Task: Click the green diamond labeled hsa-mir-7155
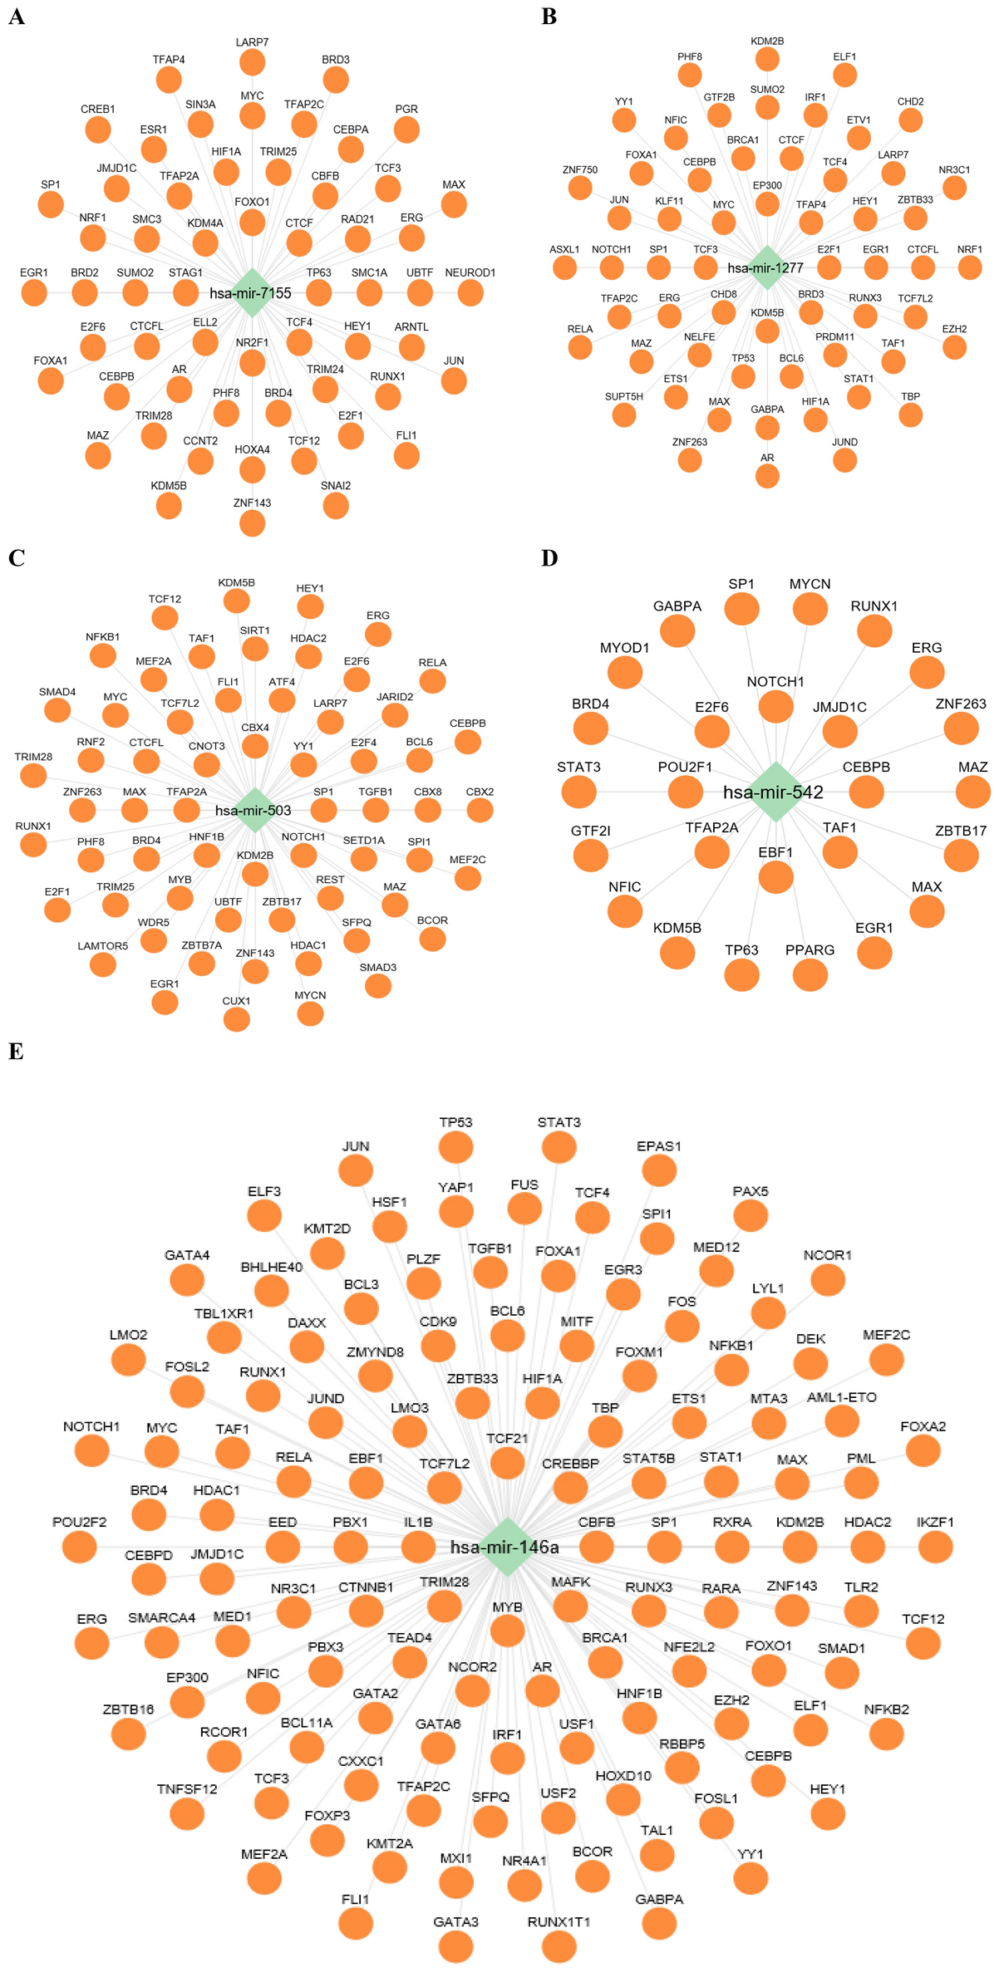click(x=252, y=292)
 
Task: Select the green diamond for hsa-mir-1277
click(x=767, y=267)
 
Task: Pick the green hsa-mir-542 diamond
click(x=775, y=792)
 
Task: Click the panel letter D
click(x=549, y=558)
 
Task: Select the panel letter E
click(x=16, y=1052)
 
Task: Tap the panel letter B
click(x=549, y=17)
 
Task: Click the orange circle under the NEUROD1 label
click(x=470, y=292)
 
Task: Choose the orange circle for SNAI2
click(x=336, y=505)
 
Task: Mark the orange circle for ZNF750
click(x=580, y=188)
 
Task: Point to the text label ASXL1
click(x=564, y=249)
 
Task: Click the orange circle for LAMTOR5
click(x=103, y=964)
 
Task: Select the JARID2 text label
click(x=395, y=697)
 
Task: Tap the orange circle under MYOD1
click(x=625, y=671)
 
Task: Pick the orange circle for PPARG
click(x=810, y=974)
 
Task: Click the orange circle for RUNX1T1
click(x=559, y=1945)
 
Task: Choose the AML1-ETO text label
click(x=842, y=1398)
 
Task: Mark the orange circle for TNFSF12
click(x=187, y=1813)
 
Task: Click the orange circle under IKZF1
click(x=935, y=1547)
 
